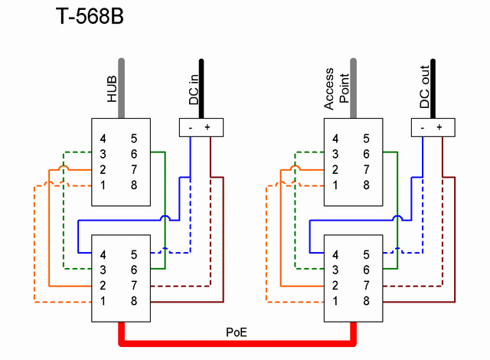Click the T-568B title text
90,16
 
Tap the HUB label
112,89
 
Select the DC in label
194,90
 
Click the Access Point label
336,89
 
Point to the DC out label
424,87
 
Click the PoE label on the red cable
237,332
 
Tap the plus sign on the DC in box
207,127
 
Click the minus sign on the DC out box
423,128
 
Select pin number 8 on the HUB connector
134,185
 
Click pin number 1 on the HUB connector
103,185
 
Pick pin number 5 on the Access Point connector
366,139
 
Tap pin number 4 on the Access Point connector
335,139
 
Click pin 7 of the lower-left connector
134,285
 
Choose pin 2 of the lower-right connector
335,285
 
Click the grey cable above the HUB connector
121,88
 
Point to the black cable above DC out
433,89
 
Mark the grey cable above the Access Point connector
354,88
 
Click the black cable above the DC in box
201,89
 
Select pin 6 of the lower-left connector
134,270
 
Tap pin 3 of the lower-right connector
335,270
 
